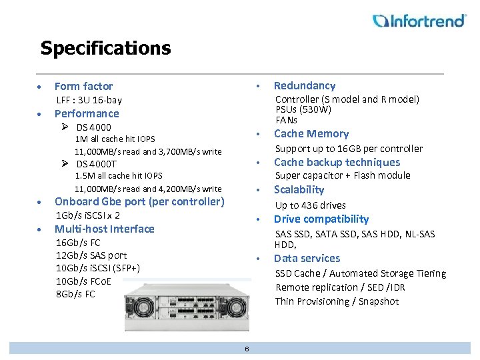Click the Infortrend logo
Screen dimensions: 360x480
419,21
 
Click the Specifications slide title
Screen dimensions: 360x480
105,49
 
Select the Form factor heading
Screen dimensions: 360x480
83,86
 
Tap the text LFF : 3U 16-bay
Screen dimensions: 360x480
89,100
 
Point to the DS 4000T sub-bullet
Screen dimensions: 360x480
96,164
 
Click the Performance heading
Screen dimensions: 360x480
87,113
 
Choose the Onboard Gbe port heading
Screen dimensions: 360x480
139,201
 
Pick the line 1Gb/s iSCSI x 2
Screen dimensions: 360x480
88,215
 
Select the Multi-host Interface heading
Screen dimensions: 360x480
104,229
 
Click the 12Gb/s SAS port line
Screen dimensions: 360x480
91,255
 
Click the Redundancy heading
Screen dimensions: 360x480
305,85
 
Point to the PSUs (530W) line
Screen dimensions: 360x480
303,109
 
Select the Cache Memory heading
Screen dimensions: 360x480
311,133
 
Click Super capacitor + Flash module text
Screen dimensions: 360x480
343,175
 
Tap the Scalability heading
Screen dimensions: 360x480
299,189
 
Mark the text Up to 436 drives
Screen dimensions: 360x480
310,205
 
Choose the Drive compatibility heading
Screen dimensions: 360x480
321,219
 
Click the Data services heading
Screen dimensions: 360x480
307,258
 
